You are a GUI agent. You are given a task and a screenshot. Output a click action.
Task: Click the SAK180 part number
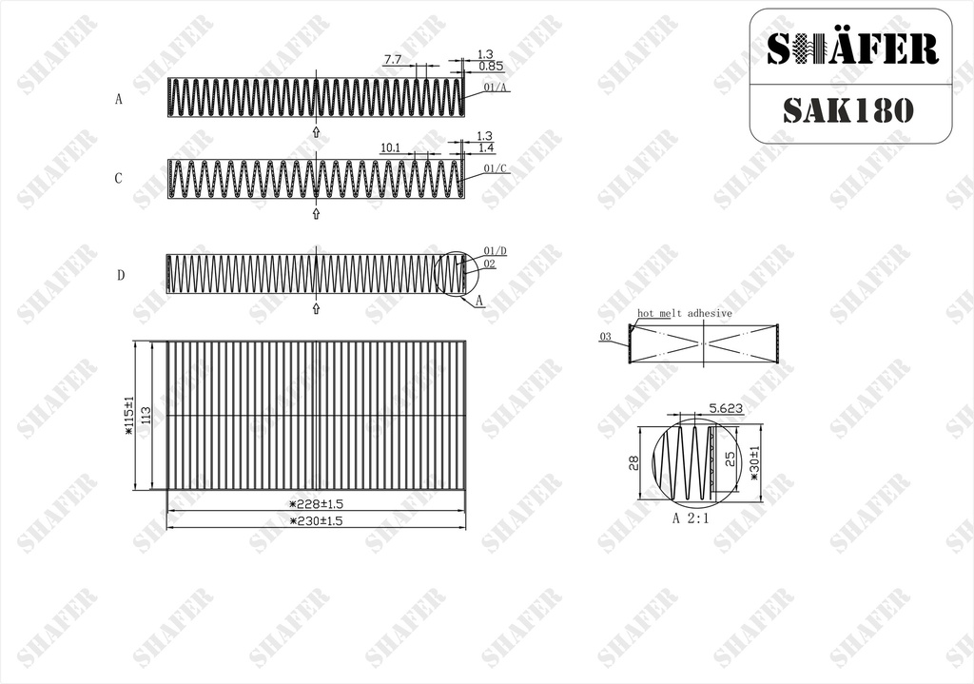tap(847, 110)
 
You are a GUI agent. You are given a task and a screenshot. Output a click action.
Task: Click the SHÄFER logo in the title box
tap(851, 49)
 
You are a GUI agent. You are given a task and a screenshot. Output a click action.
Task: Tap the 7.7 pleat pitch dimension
tap(393, 60)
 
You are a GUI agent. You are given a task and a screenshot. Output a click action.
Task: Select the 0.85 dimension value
tap(491, 66)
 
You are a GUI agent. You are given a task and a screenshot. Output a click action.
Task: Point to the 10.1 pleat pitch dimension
tap(389, 147)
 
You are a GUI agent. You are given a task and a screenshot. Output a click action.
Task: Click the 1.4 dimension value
tap(486, 147)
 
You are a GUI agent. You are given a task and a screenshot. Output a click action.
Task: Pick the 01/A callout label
tap(495, 88)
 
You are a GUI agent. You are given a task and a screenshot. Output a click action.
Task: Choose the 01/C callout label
tap(495, 168)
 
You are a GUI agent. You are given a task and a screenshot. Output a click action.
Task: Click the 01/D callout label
tap(495, 251)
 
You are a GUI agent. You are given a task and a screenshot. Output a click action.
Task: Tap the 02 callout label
tap(490, 264)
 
